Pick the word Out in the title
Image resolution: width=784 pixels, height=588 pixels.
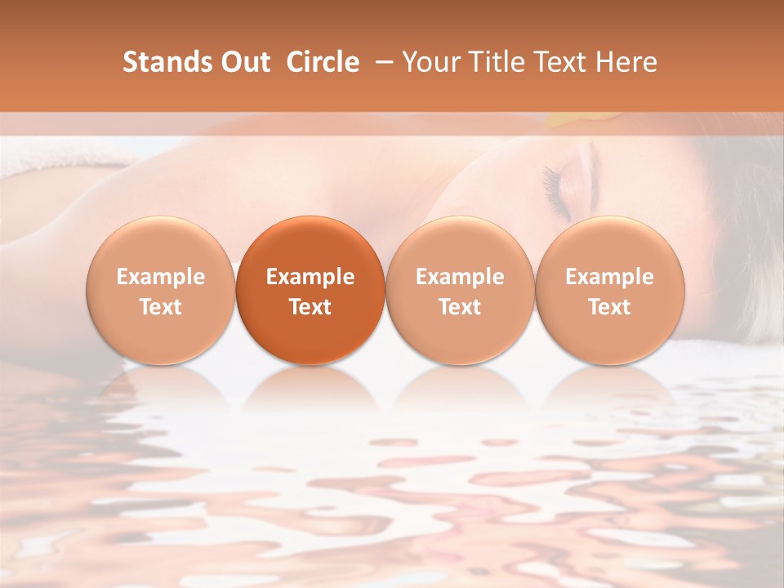tap(243, 62)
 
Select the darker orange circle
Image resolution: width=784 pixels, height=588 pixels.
tap(310, 290)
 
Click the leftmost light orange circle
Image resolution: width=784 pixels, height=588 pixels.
tap(161, 290)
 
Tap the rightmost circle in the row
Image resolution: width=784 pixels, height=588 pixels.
tap(610, 290)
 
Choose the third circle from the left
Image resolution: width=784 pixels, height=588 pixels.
tap(460, 290)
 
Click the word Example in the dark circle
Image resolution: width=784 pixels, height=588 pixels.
tap(310, 277)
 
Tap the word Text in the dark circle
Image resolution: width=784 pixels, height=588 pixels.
tap(310, 307)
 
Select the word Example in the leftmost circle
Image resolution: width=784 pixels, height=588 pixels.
tap(161, 277)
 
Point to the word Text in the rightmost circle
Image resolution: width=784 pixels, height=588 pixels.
tap(610, 307)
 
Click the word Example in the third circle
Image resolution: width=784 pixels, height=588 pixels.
tap(460, 277)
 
